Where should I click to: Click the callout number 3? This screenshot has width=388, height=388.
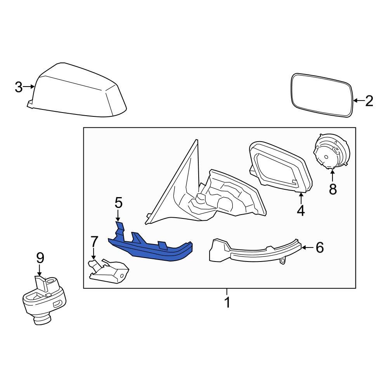click(19, 87)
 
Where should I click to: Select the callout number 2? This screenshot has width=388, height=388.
click(369, 101)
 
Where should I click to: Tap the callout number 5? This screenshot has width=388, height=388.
click(118, 203)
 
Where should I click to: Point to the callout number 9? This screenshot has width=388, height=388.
click(40, 258)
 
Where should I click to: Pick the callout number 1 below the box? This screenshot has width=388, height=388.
click(227, 302)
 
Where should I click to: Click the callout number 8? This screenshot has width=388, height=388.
click(333, 189)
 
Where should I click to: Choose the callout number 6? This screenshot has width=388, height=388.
click(319, 247)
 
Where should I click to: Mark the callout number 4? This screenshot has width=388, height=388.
click(301, 210)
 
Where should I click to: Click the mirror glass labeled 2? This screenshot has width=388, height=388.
click(322, 95)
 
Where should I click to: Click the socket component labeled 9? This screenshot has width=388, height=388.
click(43, 299)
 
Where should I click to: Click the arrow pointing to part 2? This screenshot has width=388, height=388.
click(358, 101)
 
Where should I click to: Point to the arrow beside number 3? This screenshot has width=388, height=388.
click(29, 87)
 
